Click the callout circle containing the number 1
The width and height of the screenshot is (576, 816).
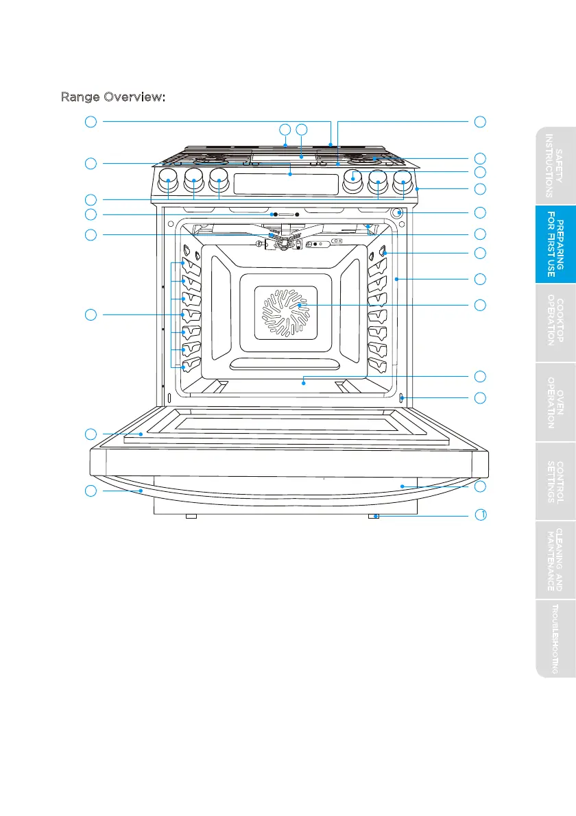[481, 515]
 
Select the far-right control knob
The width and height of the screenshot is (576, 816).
[403, 182]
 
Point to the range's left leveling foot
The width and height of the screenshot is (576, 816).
[191, 516]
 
